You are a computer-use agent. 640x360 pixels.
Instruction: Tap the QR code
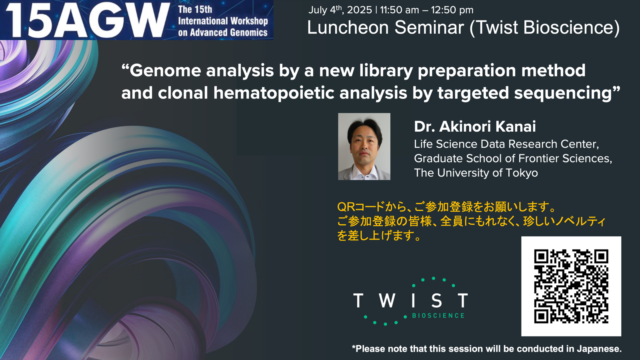pyautogui.click(x=571, y=286)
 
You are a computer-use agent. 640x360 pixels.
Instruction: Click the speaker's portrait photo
pyautogui.click(x=364, y=146)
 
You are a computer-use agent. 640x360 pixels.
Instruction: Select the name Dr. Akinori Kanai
pyautogui.click(x=475, y=126)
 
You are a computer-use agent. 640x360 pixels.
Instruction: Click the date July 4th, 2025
pyautogui.click(x=340, y=10)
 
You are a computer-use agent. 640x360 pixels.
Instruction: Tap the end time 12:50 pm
pyautogui.click(x=452, y=10)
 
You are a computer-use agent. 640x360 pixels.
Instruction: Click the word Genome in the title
pyautogui.click(x=166, y=70)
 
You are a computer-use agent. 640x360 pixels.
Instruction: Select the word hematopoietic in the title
pyautogui.click(x=274, y=93)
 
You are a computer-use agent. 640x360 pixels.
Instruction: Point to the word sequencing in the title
pyautogui.click(x=562, y=93)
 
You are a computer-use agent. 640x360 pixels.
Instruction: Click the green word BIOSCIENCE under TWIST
pyautogui.click(x=438, y=316)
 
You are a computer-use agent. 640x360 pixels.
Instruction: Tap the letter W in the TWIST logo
pyautogui.click(x=387, y=300)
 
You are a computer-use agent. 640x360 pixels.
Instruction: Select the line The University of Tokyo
pyautogui.click(x=476, y=173)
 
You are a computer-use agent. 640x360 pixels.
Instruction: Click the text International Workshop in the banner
pyautogui.click(x=223, y=21)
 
